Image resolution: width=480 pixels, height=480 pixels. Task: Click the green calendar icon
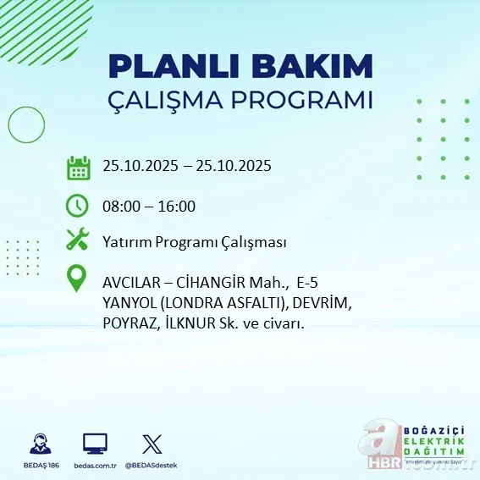coord(78,167)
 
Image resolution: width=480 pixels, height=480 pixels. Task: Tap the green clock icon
coord(78,206)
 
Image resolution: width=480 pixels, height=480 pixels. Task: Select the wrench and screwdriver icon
coord(78,241)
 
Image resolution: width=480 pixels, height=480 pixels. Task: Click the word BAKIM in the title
coord(301,67)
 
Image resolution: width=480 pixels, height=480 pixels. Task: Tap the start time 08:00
coord(121,206)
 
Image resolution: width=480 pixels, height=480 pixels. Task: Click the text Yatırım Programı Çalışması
coord(194,242)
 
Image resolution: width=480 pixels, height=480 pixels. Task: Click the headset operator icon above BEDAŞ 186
coord(40,444)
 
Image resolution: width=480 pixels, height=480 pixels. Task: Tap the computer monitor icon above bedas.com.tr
coord(95,444)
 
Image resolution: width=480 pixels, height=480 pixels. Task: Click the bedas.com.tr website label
coord(95,466)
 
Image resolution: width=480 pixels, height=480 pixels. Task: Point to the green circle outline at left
coord(26,125)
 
